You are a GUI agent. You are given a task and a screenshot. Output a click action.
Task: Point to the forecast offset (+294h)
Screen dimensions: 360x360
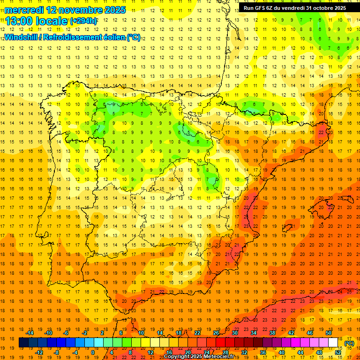[x=83, y=21]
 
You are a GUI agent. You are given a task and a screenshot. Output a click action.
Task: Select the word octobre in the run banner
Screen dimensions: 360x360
[x=316, y=8]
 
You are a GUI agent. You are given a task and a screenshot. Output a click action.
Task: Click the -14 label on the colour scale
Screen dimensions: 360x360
[x=30, y=333]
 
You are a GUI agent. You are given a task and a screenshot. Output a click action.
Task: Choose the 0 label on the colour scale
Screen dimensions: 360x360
[x=93, y=352]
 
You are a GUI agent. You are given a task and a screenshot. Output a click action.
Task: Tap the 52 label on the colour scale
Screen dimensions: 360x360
[x=338, y=352]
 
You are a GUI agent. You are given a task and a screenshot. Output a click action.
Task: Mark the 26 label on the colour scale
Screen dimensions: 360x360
[x=216, y=333]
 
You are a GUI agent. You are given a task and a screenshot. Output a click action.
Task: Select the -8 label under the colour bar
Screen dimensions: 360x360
[x=56, y=352]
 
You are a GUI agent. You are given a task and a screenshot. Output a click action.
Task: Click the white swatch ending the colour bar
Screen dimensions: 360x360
[x=333, y=343]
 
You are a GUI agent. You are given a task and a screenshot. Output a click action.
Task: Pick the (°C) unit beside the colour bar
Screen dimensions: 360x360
[x=349, y=343]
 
